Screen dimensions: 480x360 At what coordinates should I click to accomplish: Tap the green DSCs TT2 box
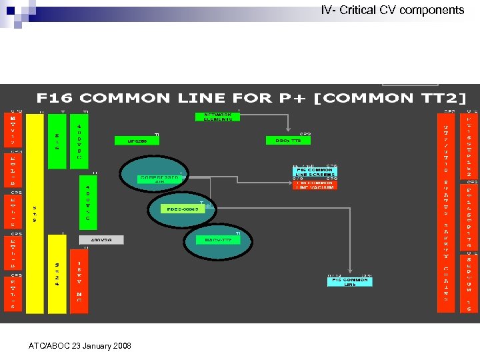tap(288, 141)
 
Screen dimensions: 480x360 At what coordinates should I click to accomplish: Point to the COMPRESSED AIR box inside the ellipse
tap(160, 179)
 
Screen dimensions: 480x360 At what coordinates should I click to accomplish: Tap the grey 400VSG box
tap(101, 239)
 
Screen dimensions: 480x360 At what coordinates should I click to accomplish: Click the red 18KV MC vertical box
tap(79, 283)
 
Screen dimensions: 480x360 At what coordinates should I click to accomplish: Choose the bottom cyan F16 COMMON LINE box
tap(350, 281)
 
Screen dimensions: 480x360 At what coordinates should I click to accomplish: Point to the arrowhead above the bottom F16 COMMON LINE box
tap(350, 273)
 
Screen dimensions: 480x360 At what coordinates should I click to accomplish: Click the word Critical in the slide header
tap(360, 10)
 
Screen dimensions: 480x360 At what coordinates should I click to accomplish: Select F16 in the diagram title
tap(57, 98)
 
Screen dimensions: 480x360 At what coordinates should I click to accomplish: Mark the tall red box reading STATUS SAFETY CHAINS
tap(445, 240)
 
